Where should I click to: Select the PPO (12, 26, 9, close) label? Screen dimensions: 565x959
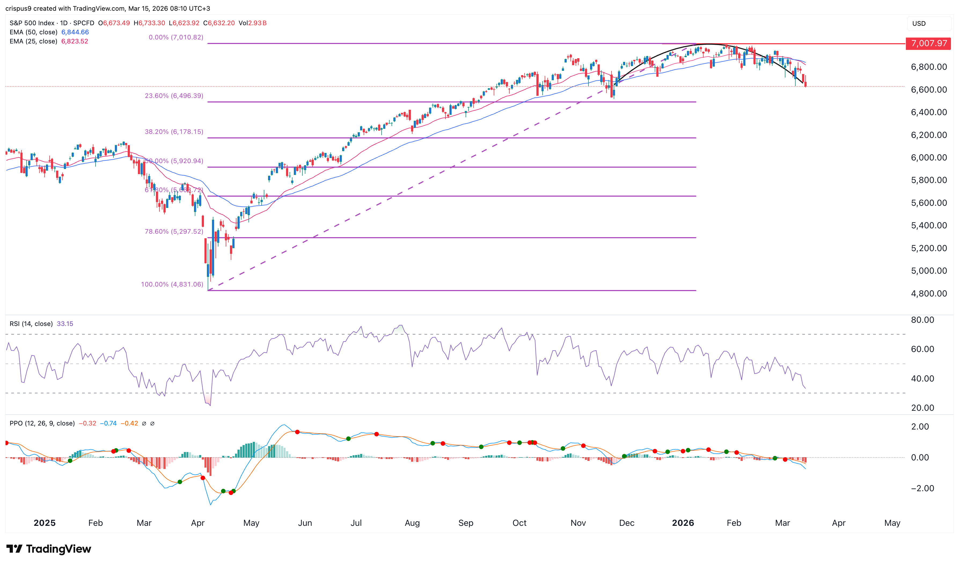coord(42,423)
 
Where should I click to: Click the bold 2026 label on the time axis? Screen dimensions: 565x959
coord(683,523)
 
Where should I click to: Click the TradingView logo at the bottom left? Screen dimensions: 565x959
coord(49,549)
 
